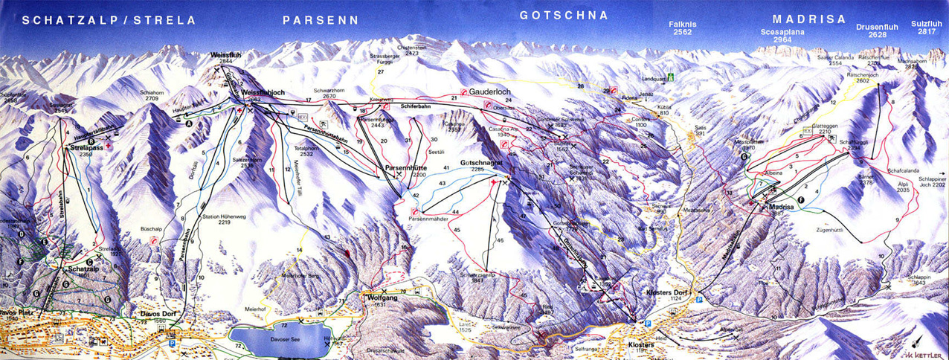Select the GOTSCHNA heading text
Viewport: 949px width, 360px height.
click(564, 16)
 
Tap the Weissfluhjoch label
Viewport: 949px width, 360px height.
click(263, 92)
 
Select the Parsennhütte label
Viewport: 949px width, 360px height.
click(406, 168)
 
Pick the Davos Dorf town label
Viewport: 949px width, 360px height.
click(159, 313)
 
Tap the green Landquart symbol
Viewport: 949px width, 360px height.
click(670, 77)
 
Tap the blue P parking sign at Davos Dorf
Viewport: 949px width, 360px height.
click(173, 344)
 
